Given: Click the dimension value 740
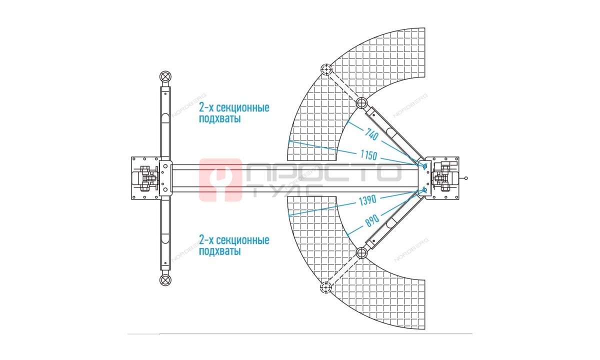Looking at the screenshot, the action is click(371, 134).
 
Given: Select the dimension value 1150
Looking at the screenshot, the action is click(368, 155).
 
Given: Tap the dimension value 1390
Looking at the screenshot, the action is click(367, 200).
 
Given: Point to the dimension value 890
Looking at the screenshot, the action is click(372, 220).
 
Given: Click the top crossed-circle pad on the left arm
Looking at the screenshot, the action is click(165, 76).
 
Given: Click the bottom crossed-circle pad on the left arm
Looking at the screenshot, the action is click(165, 280).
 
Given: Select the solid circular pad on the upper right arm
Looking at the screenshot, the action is click(361, 103).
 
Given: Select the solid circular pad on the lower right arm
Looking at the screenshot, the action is click(361, 253).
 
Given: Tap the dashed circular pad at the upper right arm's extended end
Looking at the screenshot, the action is click(326, 69).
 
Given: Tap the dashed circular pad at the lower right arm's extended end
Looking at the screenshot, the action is click(326, 288).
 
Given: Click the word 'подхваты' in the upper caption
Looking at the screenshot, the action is click(219, 119).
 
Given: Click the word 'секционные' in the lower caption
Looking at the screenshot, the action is click(242, 240).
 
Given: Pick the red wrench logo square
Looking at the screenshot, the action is click(220, 179).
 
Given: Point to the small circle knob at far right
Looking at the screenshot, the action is click(466, 178).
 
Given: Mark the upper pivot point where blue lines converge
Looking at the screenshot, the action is click(424, 166).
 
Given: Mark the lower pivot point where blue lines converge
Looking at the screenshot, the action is click(424, 190).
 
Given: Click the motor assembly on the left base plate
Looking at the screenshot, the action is click(145, 178).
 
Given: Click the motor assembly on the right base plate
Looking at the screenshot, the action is click(444, 178).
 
